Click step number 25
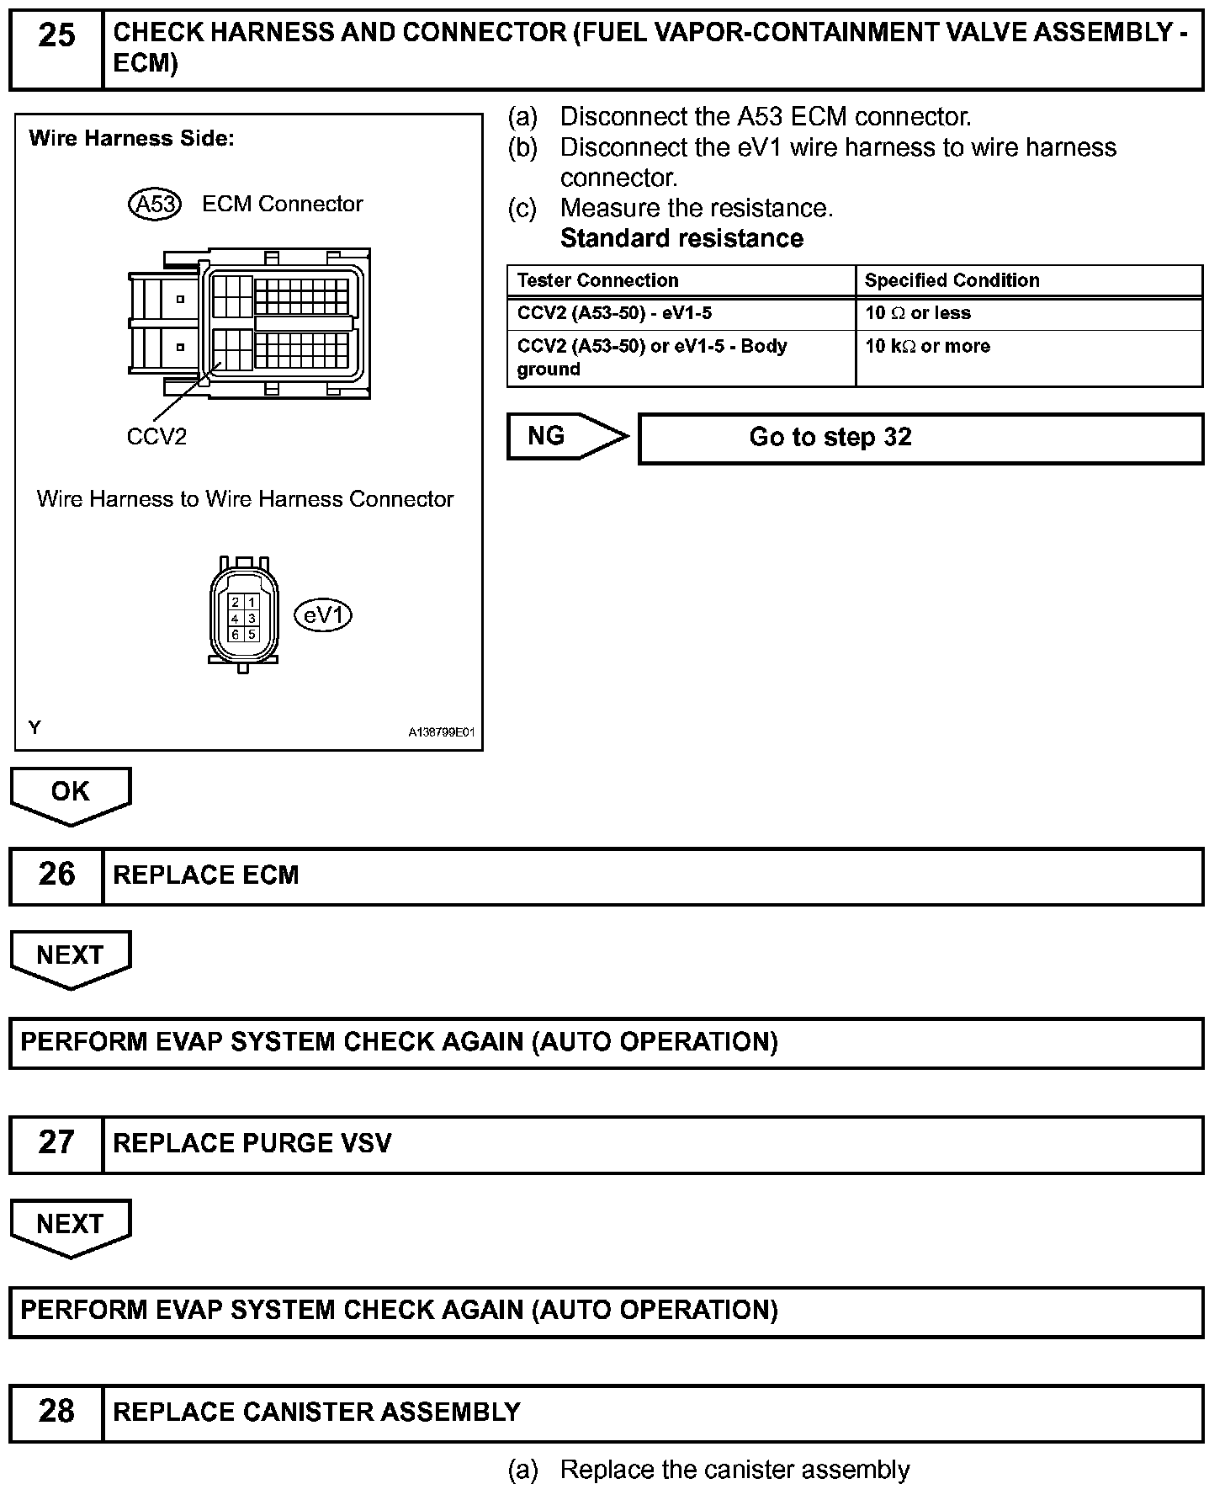(x=56, y=36)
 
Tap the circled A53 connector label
(x=155, y=205)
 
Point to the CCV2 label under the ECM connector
(x=156, y=437)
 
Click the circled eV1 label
(x=323, y=616)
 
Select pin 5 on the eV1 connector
(x=252, y=634)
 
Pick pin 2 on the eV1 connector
(x=236, y=603)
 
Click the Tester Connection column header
(x=597, y=280)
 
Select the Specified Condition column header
(x=952, y=280)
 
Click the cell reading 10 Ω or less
(x=917, y=313)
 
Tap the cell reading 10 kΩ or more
(x=927, y=346)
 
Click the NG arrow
(x=566, y=436)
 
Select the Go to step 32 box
(x=920, y=438)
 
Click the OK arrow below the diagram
(x=71, y=793)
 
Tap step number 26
(x=56, y=875)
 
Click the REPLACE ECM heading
(x=206, y=875)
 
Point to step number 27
(x=56, y=1143)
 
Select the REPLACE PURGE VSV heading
(x=252, y=1143)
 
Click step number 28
(x=56, y=1412)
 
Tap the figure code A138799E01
(x=442, y=732)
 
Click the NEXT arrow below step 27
(x=71, y=1226)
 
